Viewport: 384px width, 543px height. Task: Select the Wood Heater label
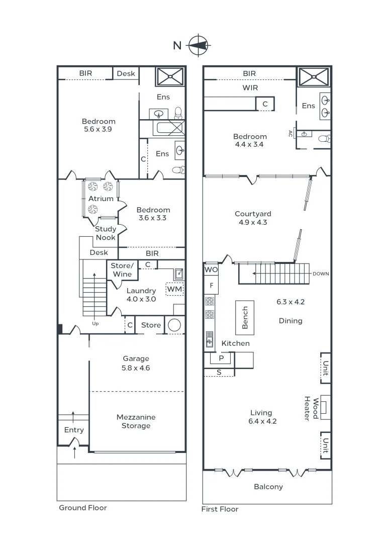pos(311,409)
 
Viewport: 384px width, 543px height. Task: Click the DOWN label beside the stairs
pos(321,274)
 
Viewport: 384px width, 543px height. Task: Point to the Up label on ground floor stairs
pos(95,324)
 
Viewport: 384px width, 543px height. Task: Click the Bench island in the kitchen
pos(245,318)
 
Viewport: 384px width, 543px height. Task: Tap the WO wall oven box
pos(211,270)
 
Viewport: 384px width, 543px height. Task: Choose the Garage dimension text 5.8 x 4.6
pos(136,368)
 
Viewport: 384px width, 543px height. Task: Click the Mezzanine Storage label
pos(136,421)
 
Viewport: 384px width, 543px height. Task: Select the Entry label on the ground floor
pos(74,430)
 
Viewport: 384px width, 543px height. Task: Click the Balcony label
pos(268,487)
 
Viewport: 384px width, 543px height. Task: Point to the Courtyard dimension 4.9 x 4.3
pos(251,222)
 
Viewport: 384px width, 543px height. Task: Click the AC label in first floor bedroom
pos(291,134)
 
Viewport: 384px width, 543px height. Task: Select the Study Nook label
pos(106,233)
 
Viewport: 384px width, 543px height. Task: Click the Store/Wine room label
pos(122,270)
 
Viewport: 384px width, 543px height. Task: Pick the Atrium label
pos(101,199)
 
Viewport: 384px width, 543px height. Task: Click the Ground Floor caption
pos(83,508)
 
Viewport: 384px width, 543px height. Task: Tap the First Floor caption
pos(220,509)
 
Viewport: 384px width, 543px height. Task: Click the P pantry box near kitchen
pos(220,358)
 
